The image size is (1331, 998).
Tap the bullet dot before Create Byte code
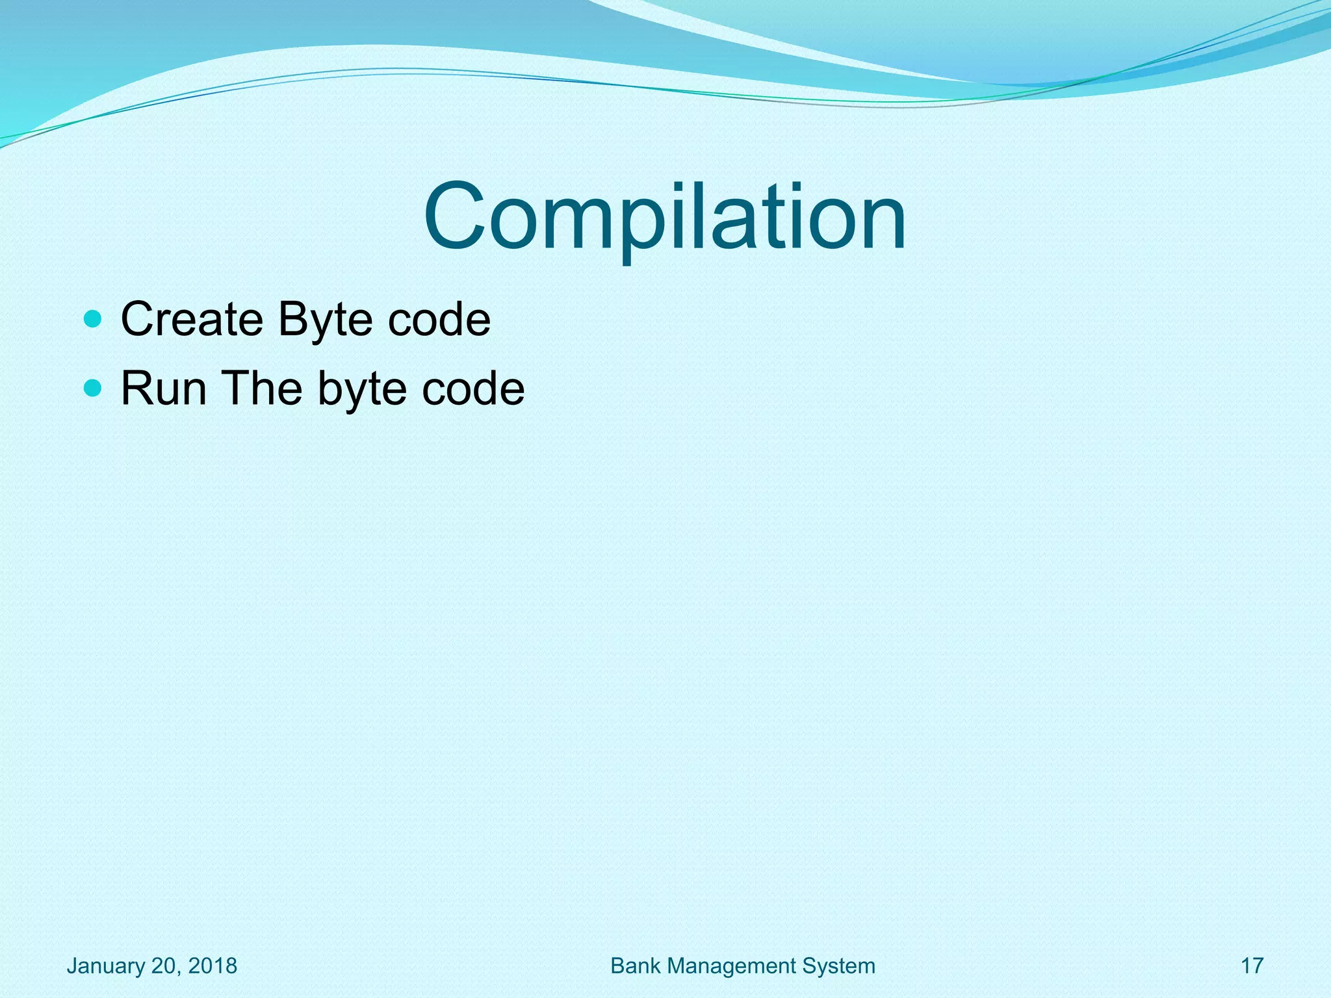(94, 319)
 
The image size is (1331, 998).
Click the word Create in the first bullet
(192, 319)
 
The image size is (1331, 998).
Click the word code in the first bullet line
(439, 319)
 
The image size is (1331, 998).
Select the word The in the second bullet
(263, 389)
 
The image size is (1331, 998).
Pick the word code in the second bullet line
(473, 389)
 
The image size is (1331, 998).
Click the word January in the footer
(106, 966)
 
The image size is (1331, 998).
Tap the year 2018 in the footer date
(213, 966)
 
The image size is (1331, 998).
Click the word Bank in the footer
(636, 966)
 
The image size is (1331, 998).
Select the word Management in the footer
(731, 966)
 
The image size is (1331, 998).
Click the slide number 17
(1252, 966)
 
